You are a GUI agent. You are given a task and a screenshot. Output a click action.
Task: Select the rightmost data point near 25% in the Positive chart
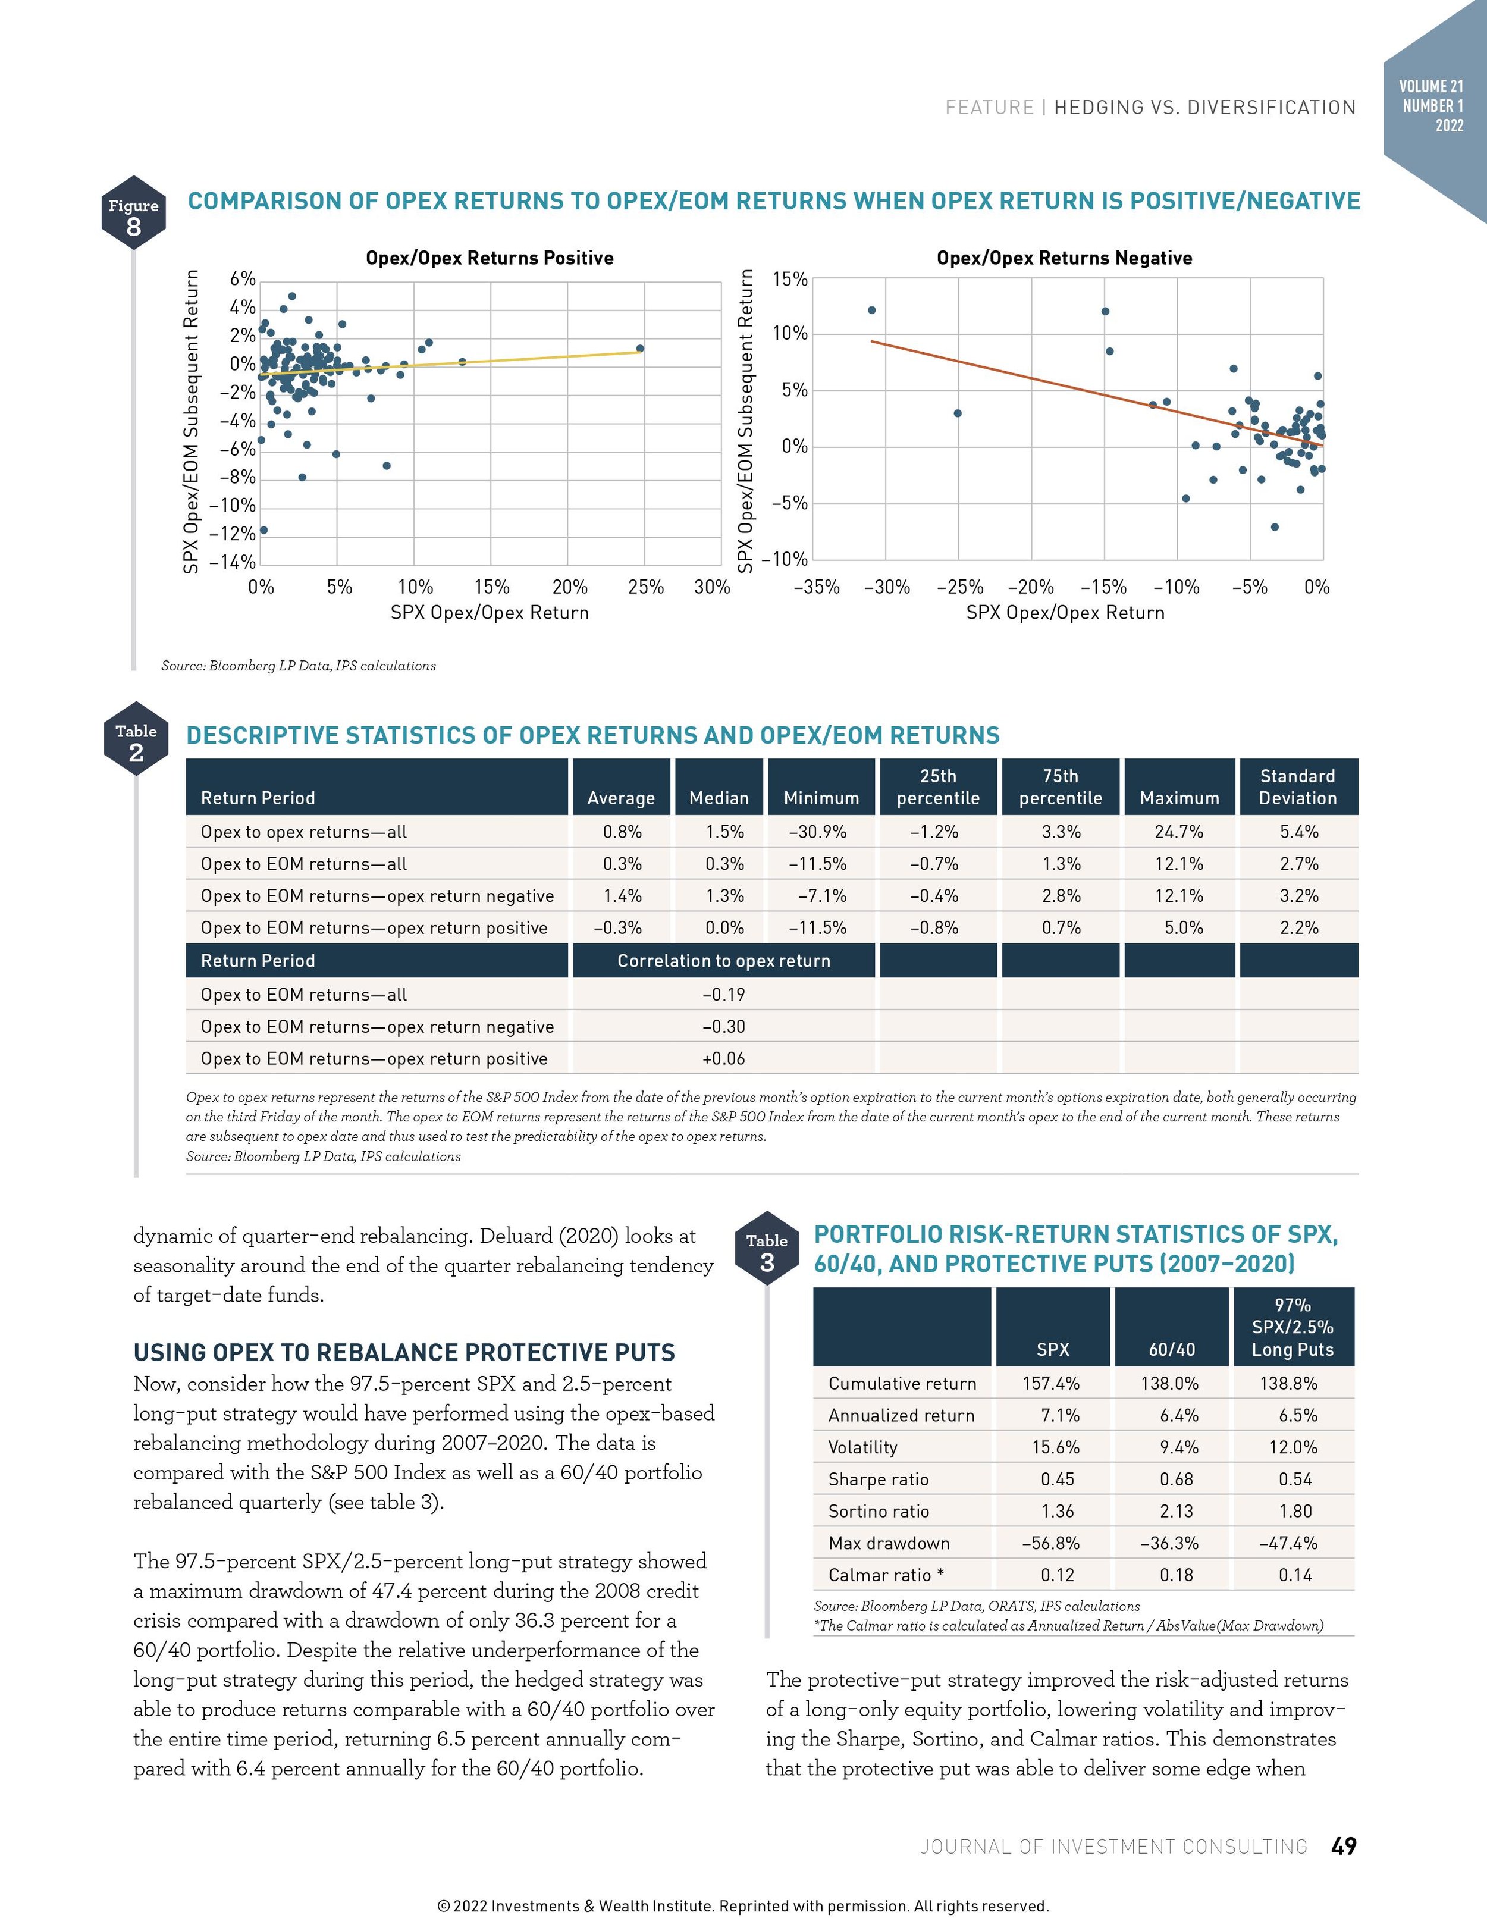[640, 349]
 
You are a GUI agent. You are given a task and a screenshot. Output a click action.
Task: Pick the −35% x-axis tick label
[816, 587]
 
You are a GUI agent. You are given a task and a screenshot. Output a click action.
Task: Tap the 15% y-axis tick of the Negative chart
[789, 280]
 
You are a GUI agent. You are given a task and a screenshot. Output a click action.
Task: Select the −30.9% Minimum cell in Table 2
[818, 832]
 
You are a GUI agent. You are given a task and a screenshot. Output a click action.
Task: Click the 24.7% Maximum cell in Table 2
[1178, 832]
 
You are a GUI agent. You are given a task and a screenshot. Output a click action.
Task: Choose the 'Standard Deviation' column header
[1297, 787]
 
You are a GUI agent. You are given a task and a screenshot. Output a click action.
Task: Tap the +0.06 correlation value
[723, 1058]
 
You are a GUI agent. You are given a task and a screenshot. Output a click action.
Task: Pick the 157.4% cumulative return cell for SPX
[1051, 1384]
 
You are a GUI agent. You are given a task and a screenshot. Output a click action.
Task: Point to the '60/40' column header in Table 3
[1171, 1349]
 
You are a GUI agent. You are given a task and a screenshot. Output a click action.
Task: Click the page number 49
[1343, 1846]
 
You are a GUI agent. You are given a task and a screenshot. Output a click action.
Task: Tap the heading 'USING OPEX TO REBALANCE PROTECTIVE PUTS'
[404, 1353]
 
